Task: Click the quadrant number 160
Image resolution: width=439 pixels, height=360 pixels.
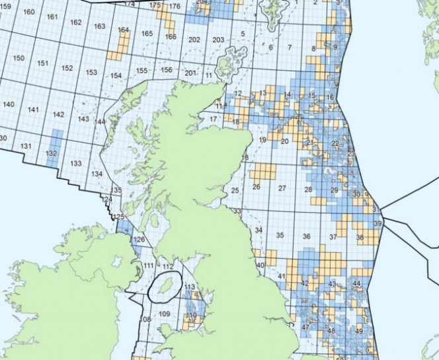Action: coord(29,13)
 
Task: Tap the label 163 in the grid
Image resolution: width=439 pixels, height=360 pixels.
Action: coord(100,26)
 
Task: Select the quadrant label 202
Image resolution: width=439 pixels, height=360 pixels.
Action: coord(194,40)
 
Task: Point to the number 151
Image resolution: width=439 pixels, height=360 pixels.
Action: coord(43,63)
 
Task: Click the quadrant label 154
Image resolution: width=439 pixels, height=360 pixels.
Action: coord(116,76)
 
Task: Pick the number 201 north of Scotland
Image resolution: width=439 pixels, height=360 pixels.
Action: coord(190,73)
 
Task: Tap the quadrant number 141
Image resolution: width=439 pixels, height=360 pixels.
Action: coord(34,110)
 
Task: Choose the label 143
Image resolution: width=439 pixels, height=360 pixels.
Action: coord(83,119)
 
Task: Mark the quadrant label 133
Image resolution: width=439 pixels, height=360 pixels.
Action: coord(76,163)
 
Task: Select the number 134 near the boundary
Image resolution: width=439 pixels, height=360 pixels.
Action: coord(97,174)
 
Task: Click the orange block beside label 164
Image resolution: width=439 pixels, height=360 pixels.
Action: coord(122,42)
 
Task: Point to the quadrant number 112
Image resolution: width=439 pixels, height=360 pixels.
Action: coord(169,266)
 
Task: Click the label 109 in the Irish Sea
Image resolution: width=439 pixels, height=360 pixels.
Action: coord(165,314)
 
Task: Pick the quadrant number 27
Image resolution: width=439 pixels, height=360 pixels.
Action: coord(282,188)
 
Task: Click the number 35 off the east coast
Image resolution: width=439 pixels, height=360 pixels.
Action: coord(280,235)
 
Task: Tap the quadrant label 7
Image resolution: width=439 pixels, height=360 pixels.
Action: coord(290,48)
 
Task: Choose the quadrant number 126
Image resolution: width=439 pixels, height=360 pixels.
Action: coord(139,240)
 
